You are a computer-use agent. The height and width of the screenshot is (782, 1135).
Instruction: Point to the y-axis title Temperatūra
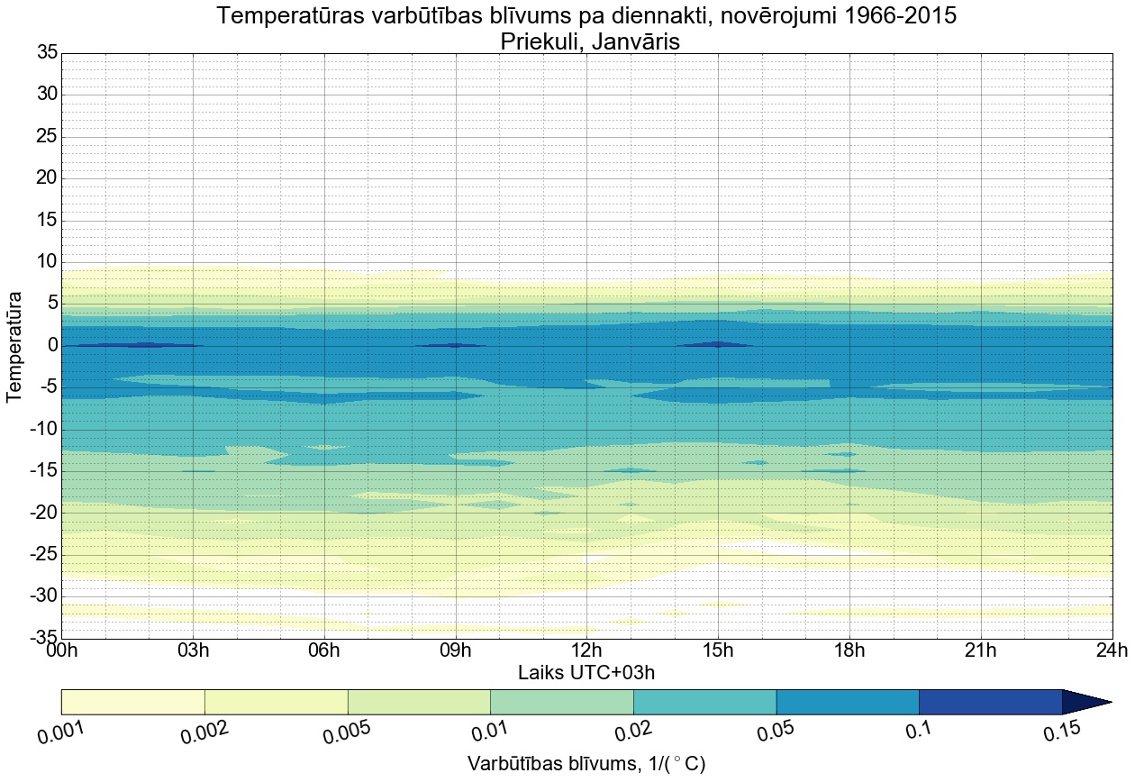(x=15, y=346)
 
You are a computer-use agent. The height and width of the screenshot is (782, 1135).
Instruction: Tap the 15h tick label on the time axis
(x=718, y=651)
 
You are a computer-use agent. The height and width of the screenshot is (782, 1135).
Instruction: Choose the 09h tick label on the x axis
(x=455, y=651)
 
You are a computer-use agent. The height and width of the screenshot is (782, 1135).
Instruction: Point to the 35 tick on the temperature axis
(x=47, y=53)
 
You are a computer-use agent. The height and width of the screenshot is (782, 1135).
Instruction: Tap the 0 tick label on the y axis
(x=52, y=346)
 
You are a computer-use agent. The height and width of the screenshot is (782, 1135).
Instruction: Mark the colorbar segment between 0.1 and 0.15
(x=990, y=702)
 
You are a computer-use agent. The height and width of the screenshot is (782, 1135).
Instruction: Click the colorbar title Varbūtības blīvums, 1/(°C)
(x=586, y=764)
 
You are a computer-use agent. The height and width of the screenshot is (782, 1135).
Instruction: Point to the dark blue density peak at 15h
(x=717, y=344)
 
